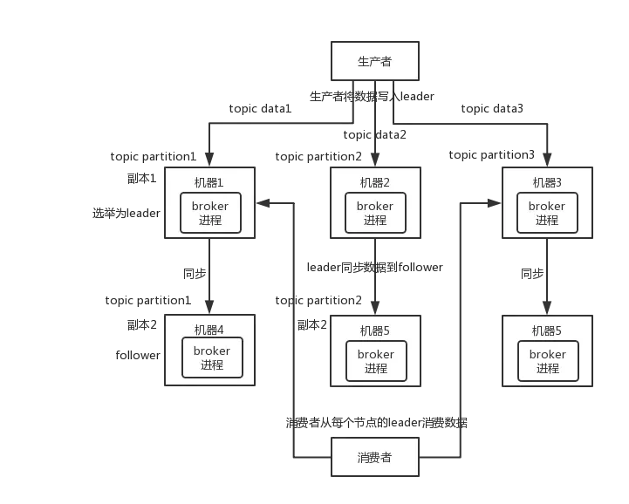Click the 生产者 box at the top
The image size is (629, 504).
[x=375, y=61]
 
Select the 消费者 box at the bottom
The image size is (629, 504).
[x=375, y=457]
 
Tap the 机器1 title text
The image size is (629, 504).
[x=209, y=182]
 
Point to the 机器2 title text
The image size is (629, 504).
[x=375, y=182]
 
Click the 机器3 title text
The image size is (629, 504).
[x=547, y=182]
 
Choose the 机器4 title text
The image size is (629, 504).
[x=209, y=330]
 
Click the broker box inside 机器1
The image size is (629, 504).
[x=210, y=213]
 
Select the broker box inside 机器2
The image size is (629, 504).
[x=375, y=213]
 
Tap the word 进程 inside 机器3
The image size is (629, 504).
[x=547, y=220]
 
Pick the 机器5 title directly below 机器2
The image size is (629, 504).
[x=375, y=330]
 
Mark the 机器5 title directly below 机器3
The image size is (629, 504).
[x=547, y=330]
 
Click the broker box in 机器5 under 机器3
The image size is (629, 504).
[x=547, y=361]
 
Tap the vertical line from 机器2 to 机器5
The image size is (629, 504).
[x=375, y=288]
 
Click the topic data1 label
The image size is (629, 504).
[x=258, y=109]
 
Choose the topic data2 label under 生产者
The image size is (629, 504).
[x=375, y=135]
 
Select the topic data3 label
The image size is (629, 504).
[x=491, y=109]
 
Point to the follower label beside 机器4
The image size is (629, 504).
[x=136, y=356]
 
